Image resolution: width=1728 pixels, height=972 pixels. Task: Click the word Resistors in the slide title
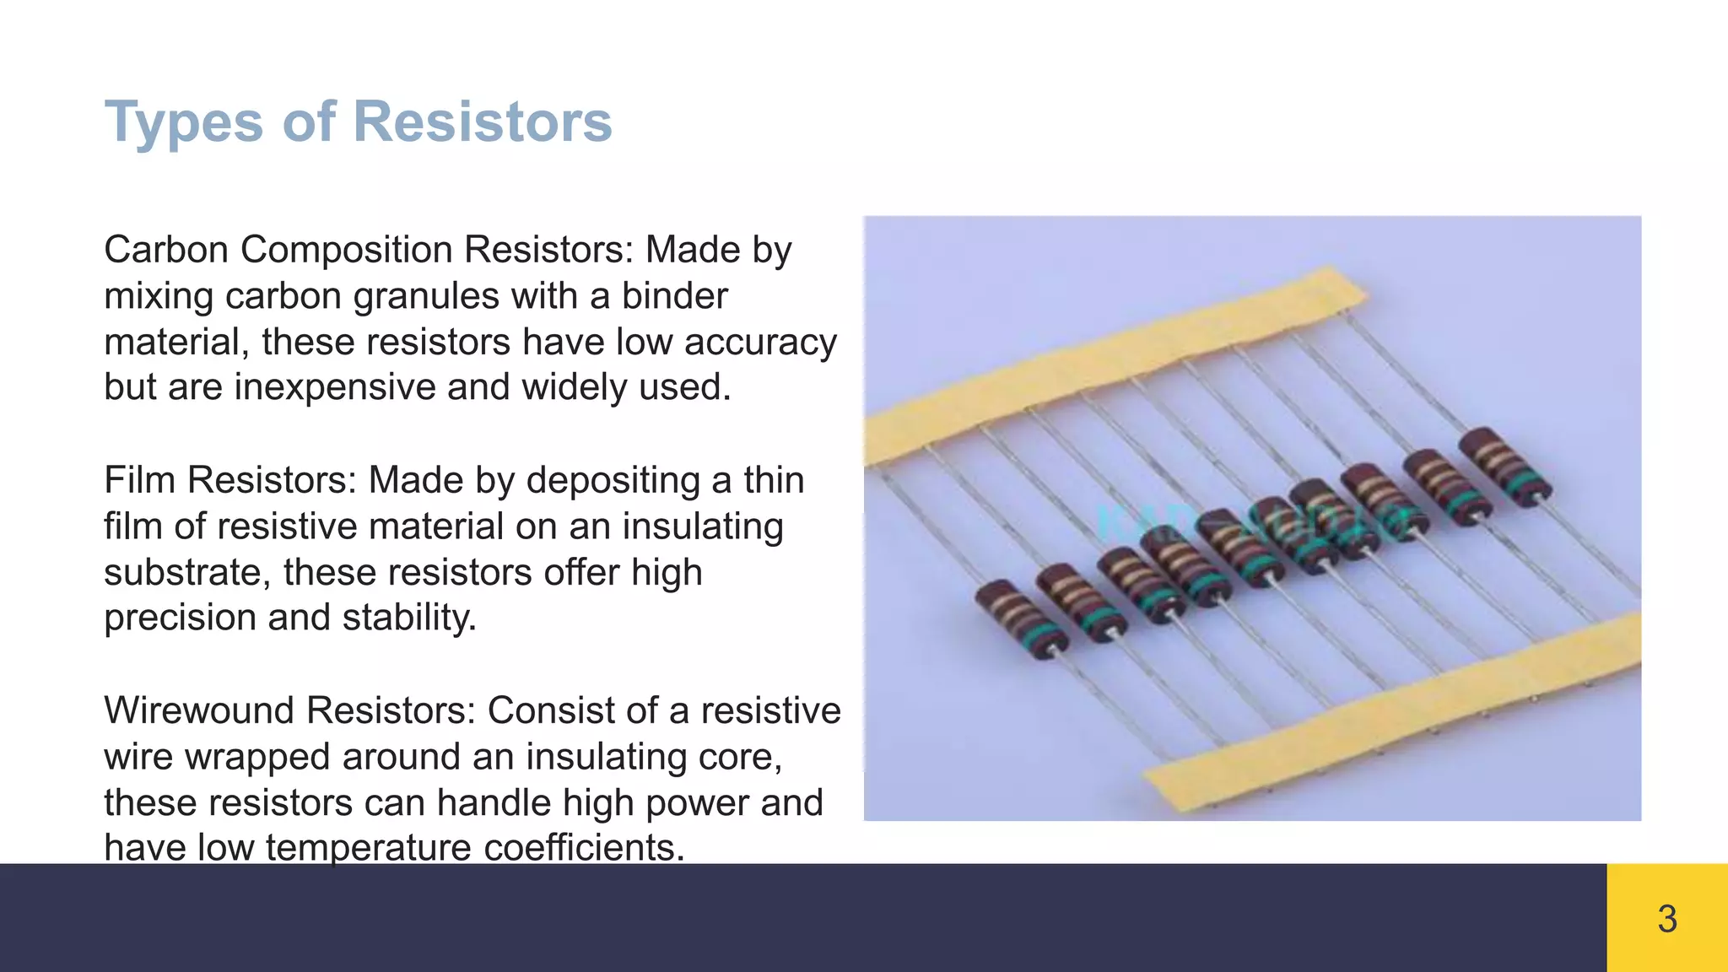tap(482, 121)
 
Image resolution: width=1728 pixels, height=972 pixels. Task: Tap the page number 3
tap(1666, 919)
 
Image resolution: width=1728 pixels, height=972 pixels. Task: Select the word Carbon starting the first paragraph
tap(166, 250)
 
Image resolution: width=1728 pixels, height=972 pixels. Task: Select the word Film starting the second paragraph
tap(138, 480)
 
